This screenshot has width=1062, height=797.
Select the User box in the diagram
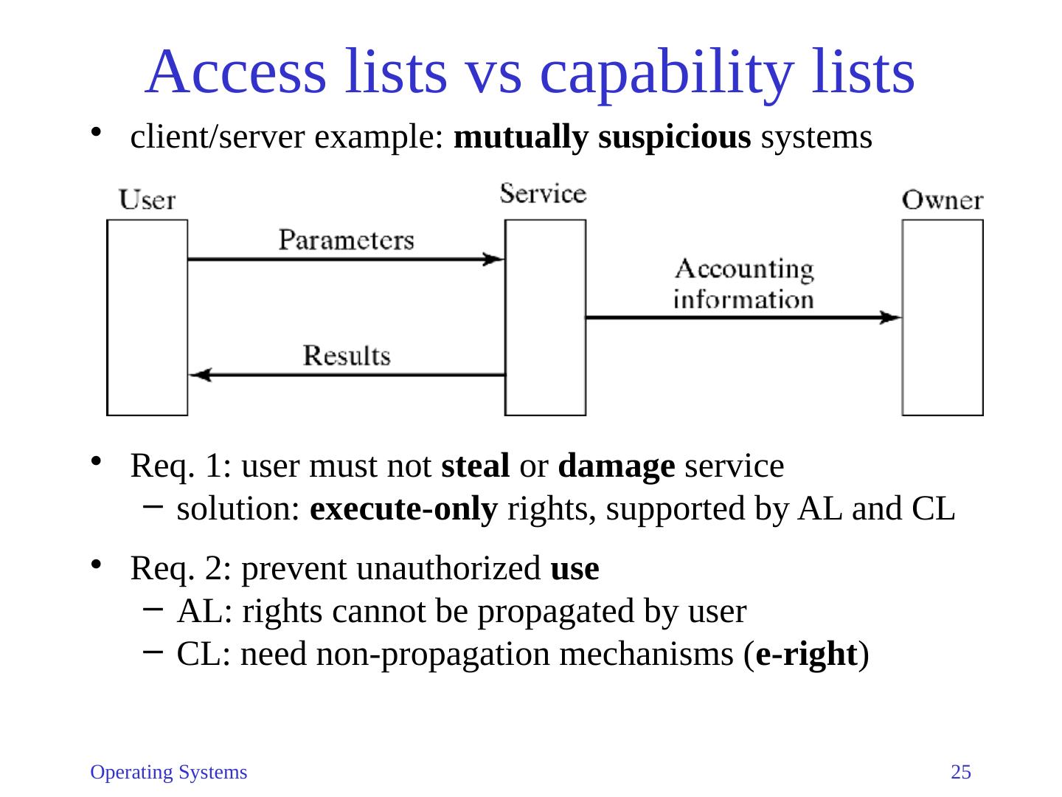[x=147, y=317]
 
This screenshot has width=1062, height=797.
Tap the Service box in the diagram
[x=545, y=317]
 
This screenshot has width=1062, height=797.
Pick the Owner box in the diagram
[x=943, y=317]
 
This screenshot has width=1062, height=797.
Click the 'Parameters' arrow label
[x=346, y=241]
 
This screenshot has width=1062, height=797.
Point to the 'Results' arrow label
[x=347, y=356]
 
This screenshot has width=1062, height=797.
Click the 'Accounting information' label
[x=743, y=284]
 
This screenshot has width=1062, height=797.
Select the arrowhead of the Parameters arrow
[x=493, y=259]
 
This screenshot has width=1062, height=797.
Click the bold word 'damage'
[x=617, y=466]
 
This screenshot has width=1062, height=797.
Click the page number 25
[x=961, y=773]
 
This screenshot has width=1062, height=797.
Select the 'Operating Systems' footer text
[x=168, y=773]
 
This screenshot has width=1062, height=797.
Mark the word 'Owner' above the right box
[x=943, y=200]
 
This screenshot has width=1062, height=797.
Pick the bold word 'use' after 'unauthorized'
[x=575, y=569]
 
